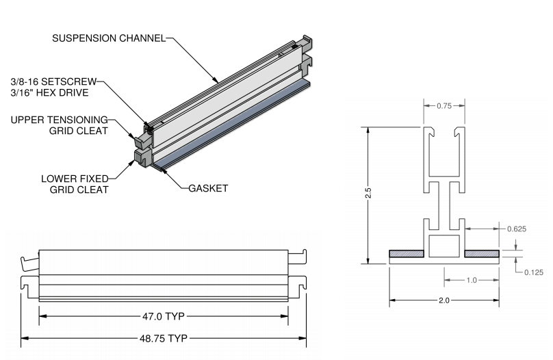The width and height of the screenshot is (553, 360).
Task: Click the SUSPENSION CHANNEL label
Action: (109, 38)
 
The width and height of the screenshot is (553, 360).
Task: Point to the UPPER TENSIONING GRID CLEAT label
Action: (60, 125)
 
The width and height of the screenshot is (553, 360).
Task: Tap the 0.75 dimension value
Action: (444, 105)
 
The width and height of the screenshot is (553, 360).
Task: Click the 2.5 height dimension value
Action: (368, 194)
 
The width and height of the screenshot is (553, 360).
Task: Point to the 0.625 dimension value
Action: (516, 229)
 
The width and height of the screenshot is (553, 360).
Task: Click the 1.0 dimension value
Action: (472, 279)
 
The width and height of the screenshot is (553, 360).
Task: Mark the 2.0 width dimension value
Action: (444, 300)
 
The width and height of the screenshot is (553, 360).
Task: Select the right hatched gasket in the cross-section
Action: (482, 254)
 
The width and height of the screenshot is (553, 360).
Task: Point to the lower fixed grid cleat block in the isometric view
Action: (142, 157)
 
